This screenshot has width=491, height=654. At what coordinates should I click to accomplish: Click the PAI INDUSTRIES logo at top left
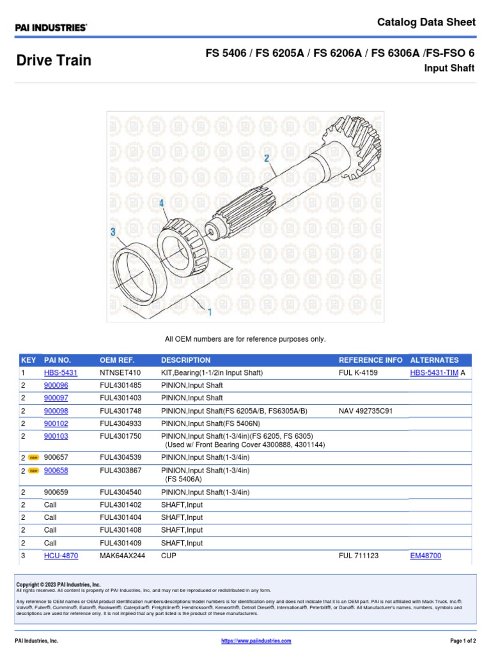(51, 27)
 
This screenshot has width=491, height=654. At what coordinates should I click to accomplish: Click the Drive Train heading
(54, 61)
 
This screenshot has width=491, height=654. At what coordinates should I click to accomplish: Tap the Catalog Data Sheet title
(426, 22)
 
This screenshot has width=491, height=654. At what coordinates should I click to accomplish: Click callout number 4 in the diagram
(162, 203)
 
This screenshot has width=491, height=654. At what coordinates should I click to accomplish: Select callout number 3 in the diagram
(113, 232)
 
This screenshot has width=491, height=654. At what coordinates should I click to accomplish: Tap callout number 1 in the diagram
(208, 312)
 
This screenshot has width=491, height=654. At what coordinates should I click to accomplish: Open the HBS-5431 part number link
(61, 373)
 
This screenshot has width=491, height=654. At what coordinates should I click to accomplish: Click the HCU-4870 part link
(61, 556)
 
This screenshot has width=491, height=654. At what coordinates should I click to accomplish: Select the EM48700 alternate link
(425, 556)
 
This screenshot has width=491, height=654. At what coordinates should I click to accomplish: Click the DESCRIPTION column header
(185, 360)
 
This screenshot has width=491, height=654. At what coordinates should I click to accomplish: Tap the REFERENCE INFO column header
(370, 360)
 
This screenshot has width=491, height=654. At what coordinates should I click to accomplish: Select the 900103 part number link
(56, 436)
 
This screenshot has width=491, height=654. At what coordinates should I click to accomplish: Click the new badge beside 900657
(33, 457)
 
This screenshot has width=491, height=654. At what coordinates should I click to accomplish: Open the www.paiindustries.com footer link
(256, 641)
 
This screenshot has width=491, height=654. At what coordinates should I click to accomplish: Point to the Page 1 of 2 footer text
(458, 641)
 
